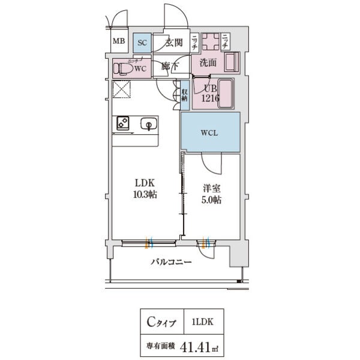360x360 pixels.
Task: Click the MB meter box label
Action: (120, 42)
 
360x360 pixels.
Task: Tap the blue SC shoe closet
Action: (142, 42)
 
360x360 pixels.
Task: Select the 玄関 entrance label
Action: (174, 42)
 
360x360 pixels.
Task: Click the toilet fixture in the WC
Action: (125, 68)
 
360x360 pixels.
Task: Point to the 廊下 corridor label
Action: (169, 67)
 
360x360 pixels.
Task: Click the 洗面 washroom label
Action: (208, 62)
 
